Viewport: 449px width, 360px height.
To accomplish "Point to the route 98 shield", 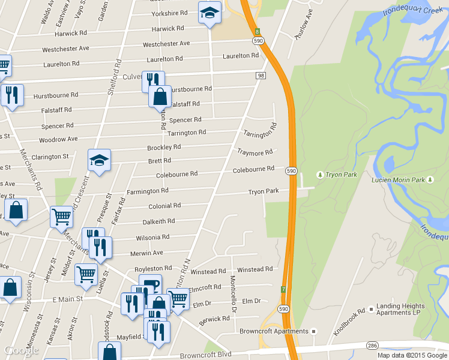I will pos(261,75).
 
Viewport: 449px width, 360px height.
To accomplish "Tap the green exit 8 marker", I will pos(257,31).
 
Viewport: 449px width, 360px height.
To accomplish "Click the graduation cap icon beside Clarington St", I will pos(99,160).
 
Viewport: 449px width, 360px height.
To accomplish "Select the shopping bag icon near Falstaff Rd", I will pos(160,96).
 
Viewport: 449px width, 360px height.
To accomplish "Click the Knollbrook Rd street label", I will pos(351,316).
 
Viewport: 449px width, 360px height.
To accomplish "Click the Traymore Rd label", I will pos(255,152).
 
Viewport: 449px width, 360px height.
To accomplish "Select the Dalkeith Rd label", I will pos(158,221).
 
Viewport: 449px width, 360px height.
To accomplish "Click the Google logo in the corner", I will pos(20,350).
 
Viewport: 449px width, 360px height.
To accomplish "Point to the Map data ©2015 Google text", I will pos(413,355).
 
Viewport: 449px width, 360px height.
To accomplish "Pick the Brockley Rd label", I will pos(164,147).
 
